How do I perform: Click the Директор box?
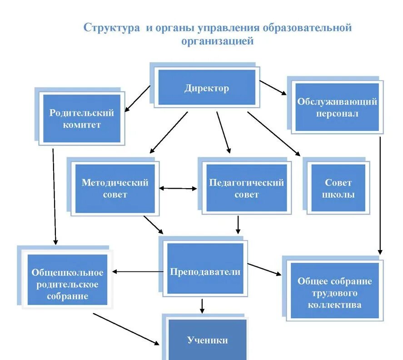(x=207, y=88)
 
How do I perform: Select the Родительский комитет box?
(x=82, y=118)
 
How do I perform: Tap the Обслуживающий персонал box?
(x=337, y=107)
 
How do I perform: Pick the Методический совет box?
(x=115, y=188)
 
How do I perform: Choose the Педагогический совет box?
(x=246, y=188)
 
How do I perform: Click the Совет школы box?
(x=338, y=188)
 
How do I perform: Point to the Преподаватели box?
(x=205, y=272)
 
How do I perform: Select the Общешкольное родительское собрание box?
(x=67, y=285)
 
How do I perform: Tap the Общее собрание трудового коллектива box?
(x=334, y=292)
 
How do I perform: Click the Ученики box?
(x=207, y=340)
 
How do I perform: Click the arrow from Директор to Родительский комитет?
(x=138, y=99)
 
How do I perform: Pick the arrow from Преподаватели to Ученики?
(x=202, y=305)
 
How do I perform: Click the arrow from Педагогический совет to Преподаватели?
(x=238, y=225)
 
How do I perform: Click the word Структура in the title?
(x=112, y=28)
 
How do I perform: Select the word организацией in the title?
(x=217, y=41)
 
